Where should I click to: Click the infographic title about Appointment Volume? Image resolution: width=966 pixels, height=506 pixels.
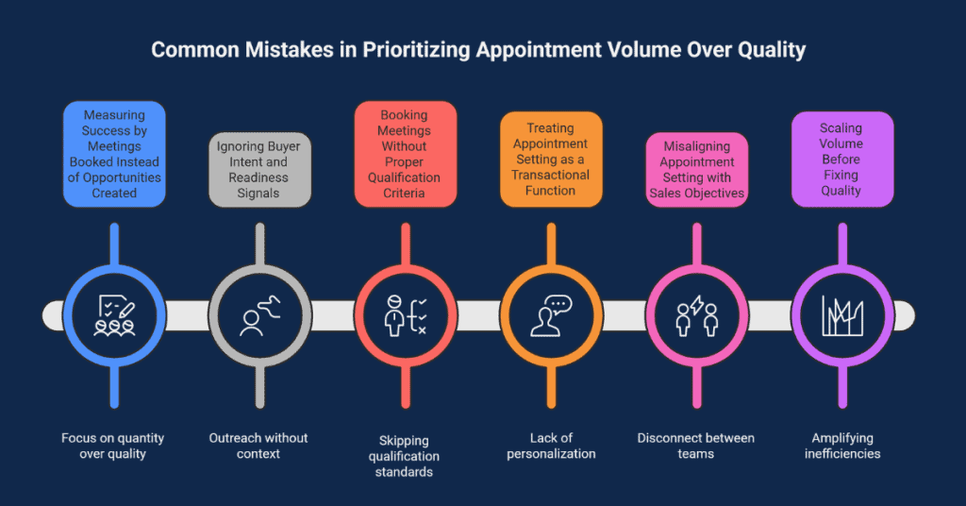point(478,49)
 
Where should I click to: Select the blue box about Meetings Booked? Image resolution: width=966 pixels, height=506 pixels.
point(114,154)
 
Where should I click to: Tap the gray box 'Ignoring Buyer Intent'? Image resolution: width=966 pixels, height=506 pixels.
point(258,170)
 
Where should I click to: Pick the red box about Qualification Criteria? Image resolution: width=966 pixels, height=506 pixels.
point(404,154)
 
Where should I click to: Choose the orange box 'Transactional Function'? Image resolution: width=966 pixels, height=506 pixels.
point(550,159)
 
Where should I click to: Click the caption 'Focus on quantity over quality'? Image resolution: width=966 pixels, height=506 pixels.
point(113,446)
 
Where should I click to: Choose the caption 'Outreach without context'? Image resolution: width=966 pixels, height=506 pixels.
point(258,446)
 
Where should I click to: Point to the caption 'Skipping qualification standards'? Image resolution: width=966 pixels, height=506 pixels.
point(404,455)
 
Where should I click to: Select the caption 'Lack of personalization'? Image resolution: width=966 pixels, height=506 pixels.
point(550,446)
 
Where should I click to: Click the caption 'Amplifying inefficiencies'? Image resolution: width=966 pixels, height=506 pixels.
point(841,446)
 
